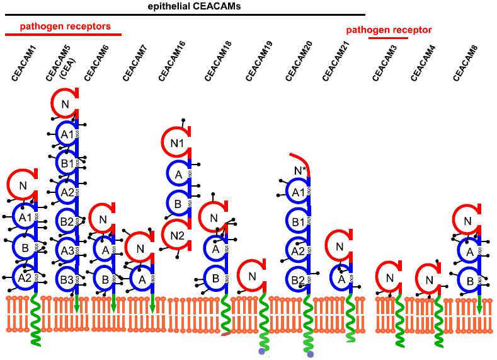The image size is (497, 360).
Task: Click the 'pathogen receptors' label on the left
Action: click(65, 26)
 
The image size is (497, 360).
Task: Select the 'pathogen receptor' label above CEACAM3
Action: click(389, 30)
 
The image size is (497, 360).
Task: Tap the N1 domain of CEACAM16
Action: click(177, 143)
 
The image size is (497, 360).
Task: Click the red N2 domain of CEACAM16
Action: click(177, 235)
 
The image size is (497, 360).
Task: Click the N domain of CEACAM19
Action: click(252, 276)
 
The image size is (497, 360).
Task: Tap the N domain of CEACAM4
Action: click(428, 280)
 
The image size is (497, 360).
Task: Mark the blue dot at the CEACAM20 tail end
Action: click(310, 354)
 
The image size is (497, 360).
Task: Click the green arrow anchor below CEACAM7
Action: click(152, 305)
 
